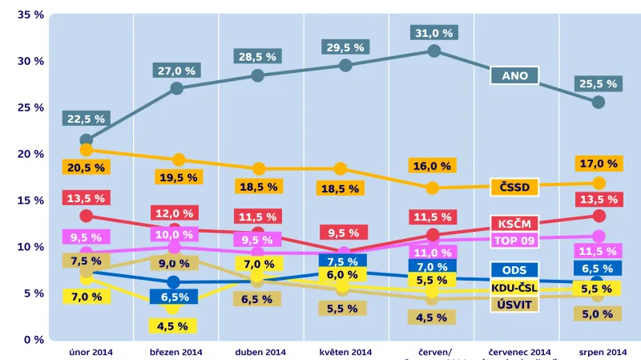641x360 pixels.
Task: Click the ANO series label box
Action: click(514, 76)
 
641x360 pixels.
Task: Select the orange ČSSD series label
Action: click(514, 188)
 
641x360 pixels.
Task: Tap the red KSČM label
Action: click(514, 224)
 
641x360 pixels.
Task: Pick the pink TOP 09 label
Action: click(514, 240)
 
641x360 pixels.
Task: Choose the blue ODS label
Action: click(514, 270)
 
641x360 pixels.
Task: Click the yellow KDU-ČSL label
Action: click(514, 288)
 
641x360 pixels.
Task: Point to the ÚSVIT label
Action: click(514, 304)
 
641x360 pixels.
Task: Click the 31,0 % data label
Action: click(433, 33)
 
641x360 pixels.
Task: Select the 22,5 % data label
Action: click(86, 119)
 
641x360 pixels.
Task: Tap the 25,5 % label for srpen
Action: click(598, 83)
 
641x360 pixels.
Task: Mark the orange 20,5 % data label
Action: click(86, 168)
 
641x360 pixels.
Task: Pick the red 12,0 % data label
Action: click(175, 213)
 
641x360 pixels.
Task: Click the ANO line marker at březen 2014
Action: click(176, 88)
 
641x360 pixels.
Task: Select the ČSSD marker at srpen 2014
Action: click(598, 183)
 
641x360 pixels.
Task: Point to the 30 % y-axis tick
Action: click(33, 62)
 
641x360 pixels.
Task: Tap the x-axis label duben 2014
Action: click(260, 352)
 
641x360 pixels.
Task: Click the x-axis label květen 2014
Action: click(346, 352)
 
